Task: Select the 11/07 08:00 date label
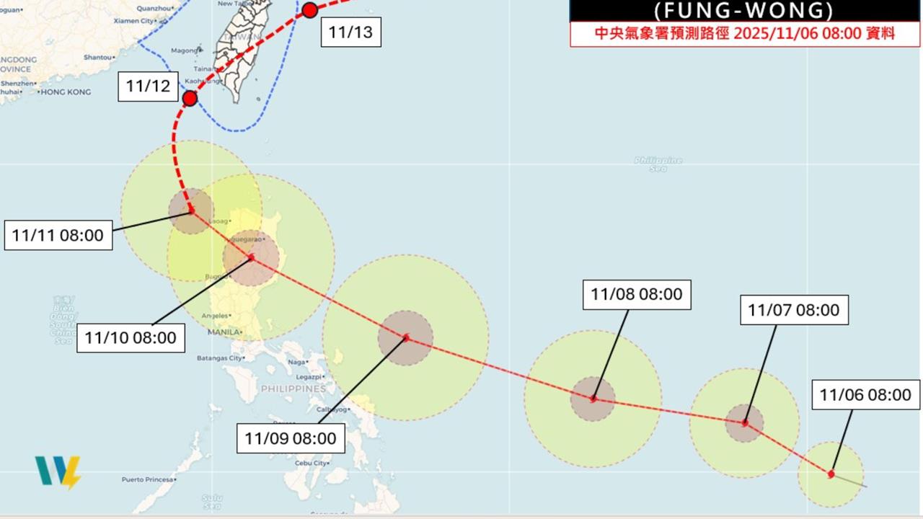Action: click(x=793, y=310)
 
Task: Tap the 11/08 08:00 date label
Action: click(x=636, y=294)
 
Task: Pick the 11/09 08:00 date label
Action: click(x=291, y=438)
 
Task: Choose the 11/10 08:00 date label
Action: click(x=131, y=337)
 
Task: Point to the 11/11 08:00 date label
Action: click(x=58, y=235)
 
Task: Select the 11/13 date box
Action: click(x=351, y=32)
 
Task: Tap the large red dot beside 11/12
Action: click(x=190, y=98)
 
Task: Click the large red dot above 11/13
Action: click(x=310, y=10)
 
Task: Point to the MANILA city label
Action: click(x=223, y=332)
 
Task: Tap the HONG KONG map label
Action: click(x=66, y=92)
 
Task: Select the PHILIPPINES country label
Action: click(x=293, y=389)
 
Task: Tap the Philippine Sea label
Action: click(x=658, y=164)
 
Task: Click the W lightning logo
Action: click(x=58, y=472)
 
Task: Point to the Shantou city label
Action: click(x=97, y=57)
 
